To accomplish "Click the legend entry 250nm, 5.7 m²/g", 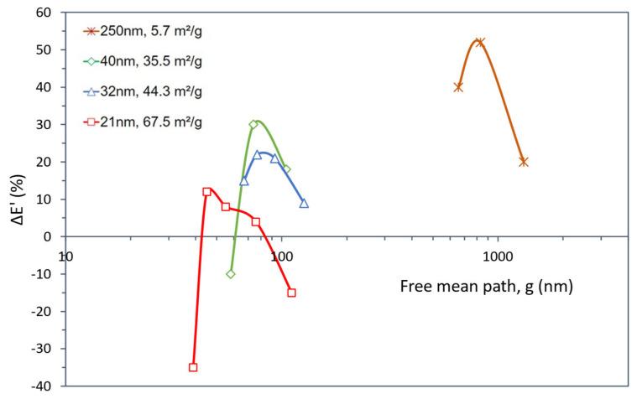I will click(147, 32).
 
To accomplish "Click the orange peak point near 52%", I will click(479, 42).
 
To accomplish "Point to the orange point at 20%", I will click(524, 162).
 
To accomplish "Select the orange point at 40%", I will click(458, 87).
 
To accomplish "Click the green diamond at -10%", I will click(231, 274).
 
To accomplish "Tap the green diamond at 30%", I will click(253, 124).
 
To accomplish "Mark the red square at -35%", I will click(193, 367).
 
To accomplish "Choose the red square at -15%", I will click(291, 293).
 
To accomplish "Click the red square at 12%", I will click(206, 192).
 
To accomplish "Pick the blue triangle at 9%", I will click(304, 203).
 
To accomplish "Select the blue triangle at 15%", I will click(244, 180).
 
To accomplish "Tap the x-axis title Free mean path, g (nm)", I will click(486, 286).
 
